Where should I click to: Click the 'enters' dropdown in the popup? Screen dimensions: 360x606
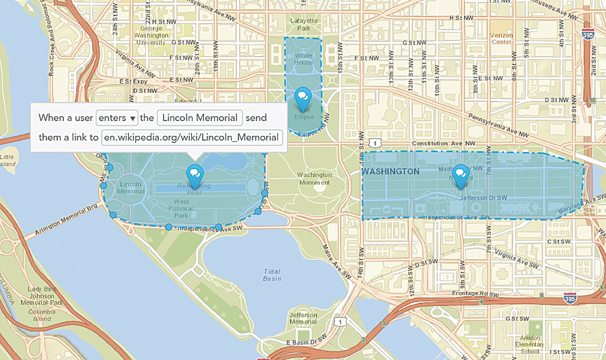coord(117,118)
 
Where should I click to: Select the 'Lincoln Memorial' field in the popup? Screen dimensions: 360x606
coord(199,118)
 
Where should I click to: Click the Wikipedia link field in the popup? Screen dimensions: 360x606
coord(191,138)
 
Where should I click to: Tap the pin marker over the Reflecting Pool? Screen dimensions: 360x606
coord(195,176)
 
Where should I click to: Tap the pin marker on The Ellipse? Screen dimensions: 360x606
coord(303,98)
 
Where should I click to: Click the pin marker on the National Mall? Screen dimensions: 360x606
coord(461,176)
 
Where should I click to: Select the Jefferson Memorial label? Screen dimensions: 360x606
coord(303,318)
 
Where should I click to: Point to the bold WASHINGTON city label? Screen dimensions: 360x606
coord(390,172)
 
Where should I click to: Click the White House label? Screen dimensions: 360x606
coord(303,59)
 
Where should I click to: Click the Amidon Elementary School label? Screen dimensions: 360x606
coord(531,344)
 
